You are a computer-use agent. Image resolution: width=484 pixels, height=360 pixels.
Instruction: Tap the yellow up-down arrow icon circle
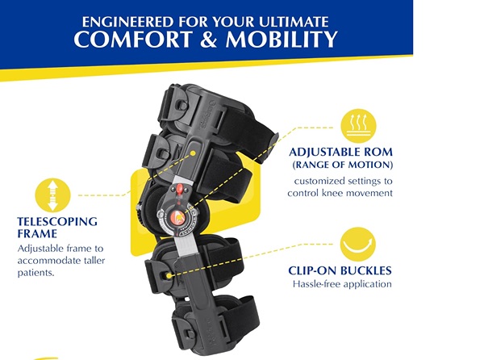point(52,195)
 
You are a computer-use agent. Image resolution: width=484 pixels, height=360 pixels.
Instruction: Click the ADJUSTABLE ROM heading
point(340,151)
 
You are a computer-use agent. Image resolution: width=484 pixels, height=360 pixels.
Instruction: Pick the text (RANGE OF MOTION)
point(340,165)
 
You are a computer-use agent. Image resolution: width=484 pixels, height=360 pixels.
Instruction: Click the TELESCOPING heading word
point(56,221)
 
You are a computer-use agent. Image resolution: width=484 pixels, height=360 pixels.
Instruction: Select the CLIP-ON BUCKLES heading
point(340,271)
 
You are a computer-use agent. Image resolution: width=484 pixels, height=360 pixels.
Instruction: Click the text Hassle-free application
point(341,284)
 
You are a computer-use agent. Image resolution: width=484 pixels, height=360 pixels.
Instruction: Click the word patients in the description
point(37,272)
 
